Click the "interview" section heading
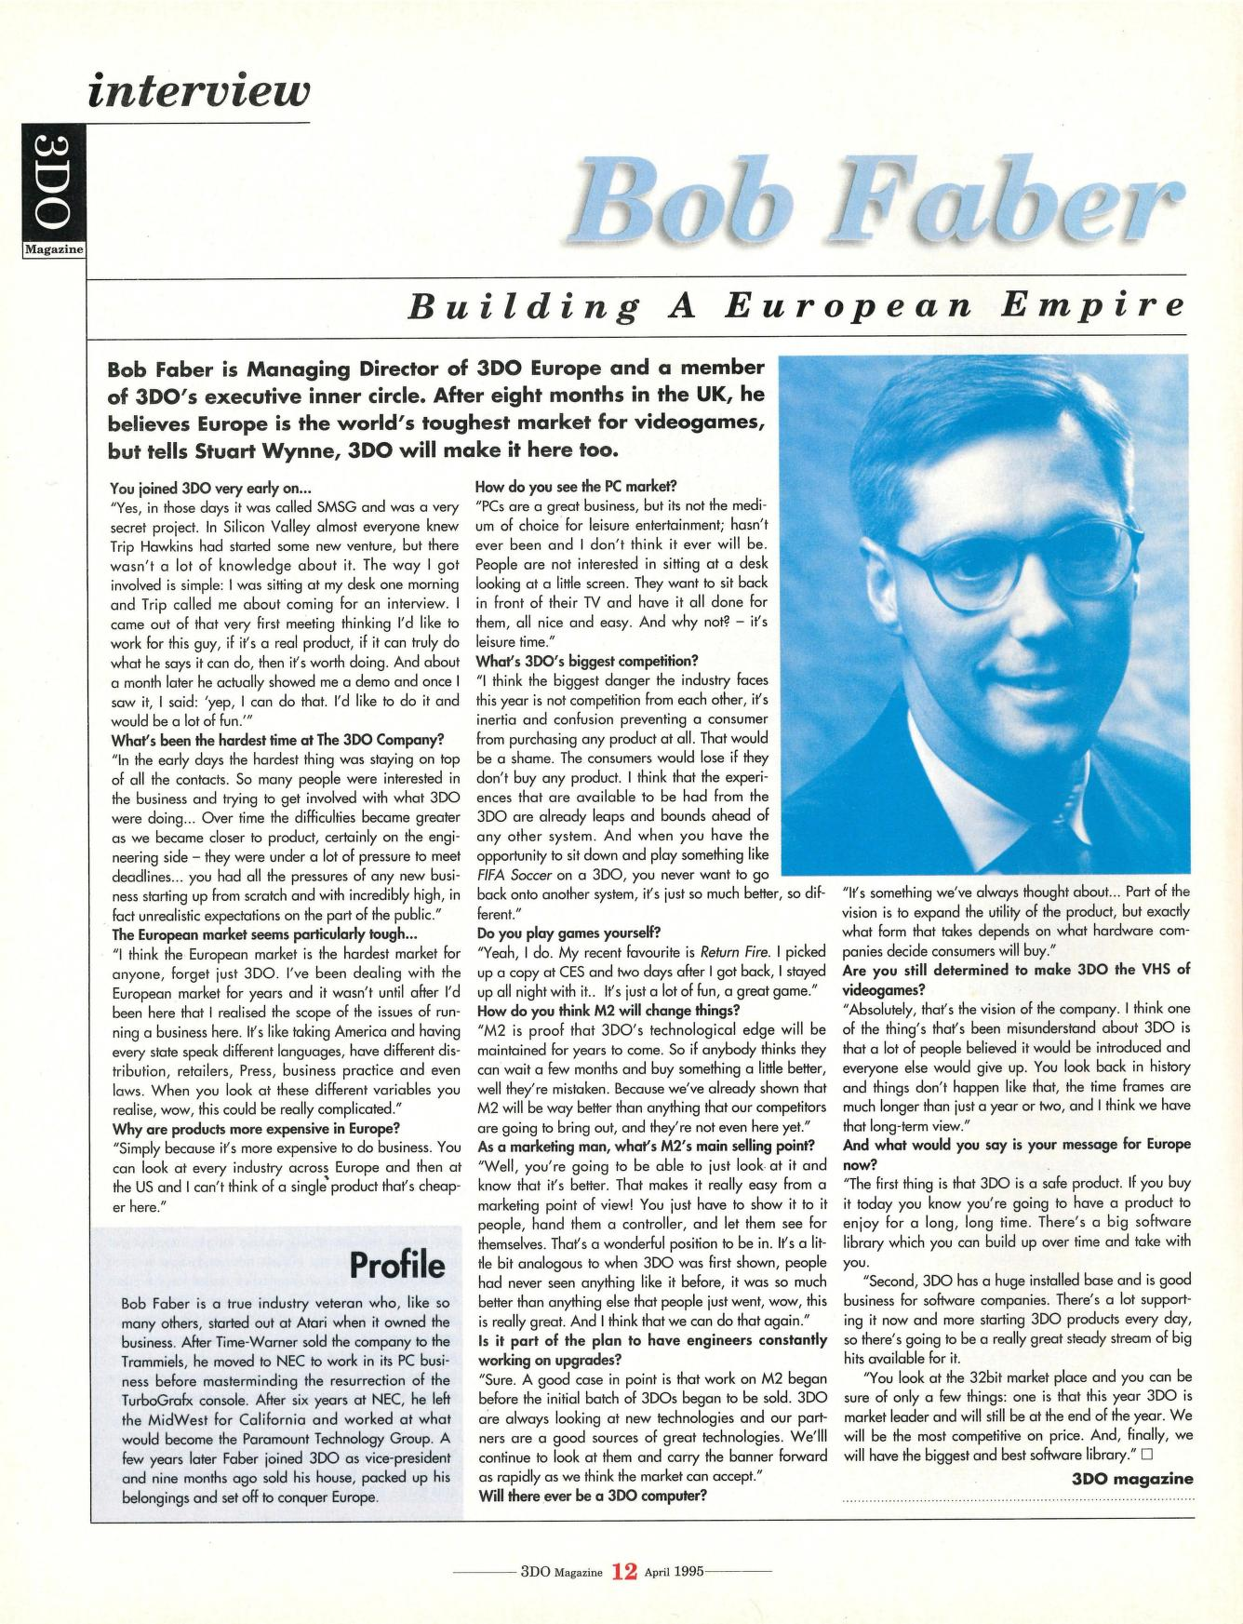tap(197, 92)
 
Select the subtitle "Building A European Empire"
tap(797, 305)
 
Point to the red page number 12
tap(624, 1572)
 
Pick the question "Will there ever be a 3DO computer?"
tap(593, 1496)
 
